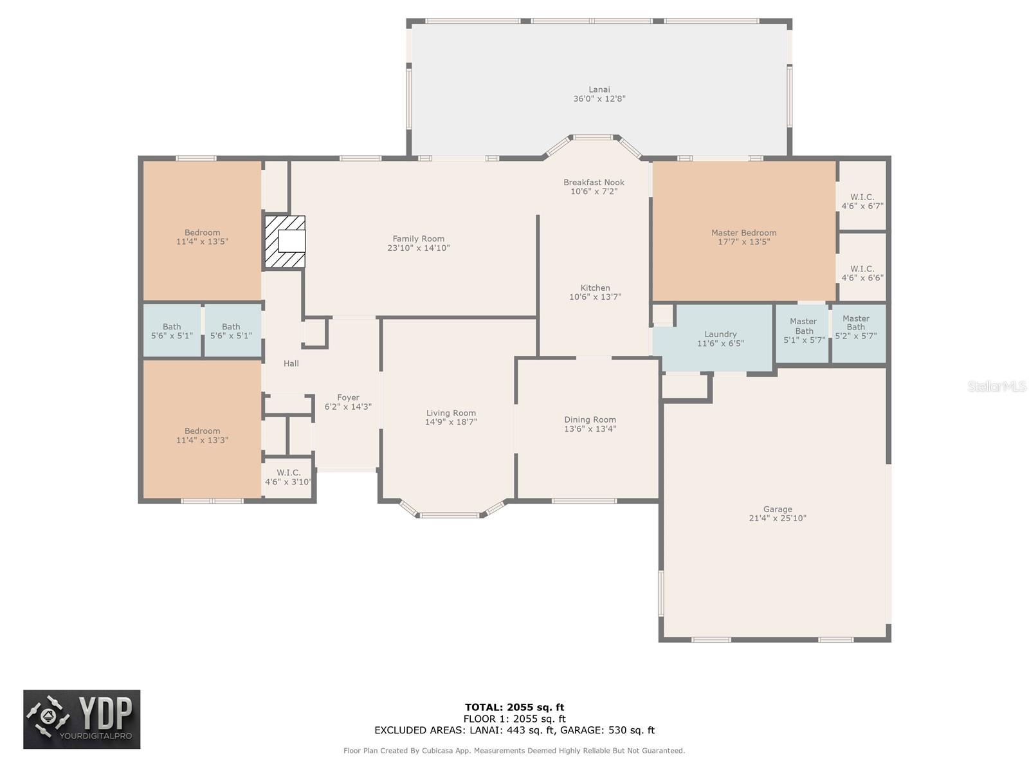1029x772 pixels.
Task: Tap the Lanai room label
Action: coord(599,89)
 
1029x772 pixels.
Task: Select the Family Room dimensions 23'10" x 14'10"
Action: coord(418,248)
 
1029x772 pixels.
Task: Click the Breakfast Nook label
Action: coord(594,182)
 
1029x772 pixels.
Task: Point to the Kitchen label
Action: coord(596,288)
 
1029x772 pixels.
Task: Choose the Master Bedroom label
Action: coord(744,233)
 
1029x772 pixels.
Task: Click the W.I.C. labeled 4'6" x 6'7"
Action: coord(862,201)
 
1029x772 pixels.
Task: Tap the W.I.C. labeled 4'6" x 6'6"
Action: coord(862,273)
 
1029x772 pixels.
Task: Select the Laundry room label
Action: coord(720,334)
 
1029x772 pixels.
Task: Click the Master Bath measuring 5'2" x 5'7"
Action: coord(856,327)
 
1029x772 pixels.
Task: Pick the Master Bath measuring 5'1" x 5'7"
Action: coord(804,331)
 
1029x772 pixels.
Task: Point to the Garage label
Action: coord(778,509)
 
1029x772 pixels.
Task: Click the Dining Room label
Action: coord(590,420)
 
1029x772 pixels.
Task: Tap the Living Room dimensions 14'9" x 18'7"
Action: coord(451,422)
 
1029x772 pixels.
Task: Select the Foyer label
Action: coord(348,398)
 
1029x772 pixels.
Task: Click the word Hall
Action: coord(291,363)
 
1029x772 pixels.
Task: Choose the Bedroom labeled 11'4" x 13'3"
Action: coord(202,436)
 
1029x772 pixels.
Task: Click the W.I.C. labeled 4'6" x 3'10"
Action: coord(288,477)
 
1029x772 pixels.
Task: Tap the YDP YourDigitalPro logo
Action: coord(82,719)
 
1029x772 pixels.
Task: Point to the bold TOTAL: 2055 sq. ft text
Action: coord(514,707)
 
